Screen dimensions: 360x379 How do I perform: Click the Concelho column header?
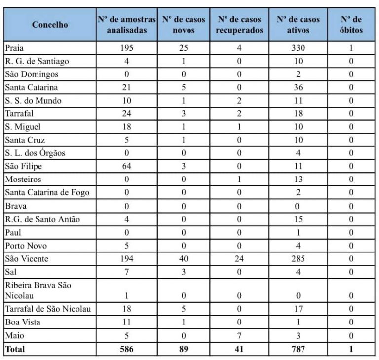(x=50, y=25)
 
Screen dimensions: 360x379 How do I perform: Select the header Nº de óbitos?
(x=351, y=25)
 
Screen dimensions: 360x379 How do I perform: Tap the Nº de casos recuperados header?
(x=239, y=25)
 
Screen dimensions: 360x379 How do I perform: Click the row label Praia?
(x=14, y=48)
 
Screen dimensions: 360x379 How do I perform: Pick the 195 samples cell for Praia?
(x=127, y=48)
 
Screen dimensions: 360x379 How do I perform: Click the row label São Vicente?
(x=27, y=258)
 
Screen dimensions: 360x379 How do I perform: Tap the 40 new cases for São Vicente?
(x=184, y=258)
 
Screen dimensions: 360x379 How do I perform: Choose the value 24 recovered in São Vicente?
(x=239, y=258)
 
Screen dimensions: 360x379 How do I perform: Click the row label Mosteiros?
(x=23, y=180)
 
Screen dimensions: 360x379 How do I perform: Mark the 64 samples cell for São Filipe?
(x=127, y=166)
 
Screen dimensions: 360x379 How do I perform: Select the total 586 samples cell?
(x=127, y=349)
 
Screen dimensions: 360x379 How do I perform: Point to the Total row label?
(x=14, y=349)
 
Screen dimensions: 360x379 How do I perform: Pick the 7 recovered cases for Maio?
(x=239, y=336)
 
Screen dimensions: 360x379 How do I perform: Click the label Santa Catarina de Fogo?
(x=47, y=192)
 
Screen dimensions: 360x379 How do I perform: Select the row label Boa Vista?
(x=23, y=323)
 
